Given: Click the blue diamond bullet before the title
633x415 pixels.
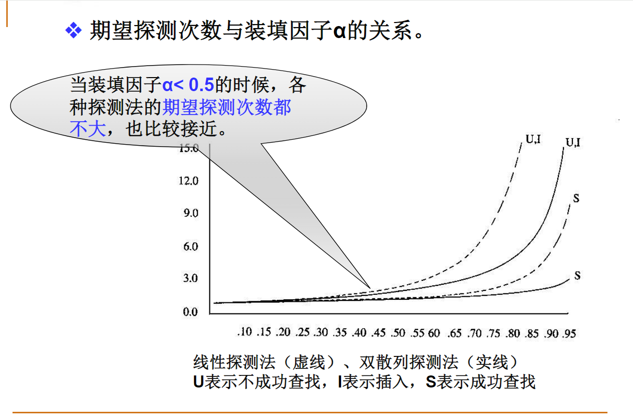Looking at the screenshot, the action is [x=74, y=30].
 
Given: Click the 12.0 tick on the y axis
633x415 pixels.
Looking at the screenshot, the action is [x=188, y=181].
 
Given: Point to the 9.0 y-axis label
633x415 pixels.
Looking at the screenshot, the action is [x=191, y=213].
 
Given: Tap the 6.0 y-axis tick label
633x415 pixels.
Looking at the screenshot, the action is [x=191, y=247].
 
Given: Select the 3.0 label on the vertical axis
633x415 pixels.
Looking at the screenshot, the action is [x=190, y=278].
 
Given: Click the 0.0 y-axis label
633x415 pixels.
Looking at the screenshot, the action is [x=190, y=312].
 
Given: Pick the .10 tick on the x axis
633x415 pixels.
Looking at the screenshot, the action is [x=245, y=332].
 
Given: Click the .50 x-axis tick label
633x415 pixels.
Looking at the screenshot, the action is [x=398, y=333].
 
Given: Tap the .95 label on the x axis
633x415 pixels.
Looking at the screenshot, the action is [x=569, y=334].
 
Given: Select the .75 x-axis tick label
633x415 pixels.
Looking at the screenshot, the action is [x=493, y=333].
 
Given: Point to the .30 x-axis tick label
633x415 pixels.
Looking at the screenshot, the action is [x=321, y=332].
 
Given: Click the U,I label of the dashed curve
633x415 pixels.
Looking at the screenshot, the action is [x=533, y=139].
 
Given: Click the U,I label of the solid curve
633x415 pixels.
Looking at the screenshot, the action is [x=573, y=142].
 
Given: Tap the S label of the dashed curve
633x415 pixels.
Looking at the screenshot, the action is [x=576, y=198].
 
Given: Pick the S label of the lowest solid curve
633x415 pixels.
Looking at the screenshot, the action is [x=577, y=275].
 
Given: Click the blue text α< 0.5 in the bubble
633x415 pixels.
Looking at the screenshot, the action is [x=188, y=85].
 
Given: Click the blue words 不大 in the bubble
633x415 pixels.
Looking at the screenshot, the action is [x=88, y=129].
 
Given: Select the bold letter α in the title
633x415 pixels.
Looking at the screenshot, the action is [x=340, y=31].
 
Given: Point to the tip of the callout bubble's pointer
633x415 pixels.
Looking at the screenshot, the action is [x=370, y=288].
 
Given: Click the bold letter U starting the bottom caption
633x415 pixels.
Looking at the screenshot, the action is [x=198, y=382].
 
